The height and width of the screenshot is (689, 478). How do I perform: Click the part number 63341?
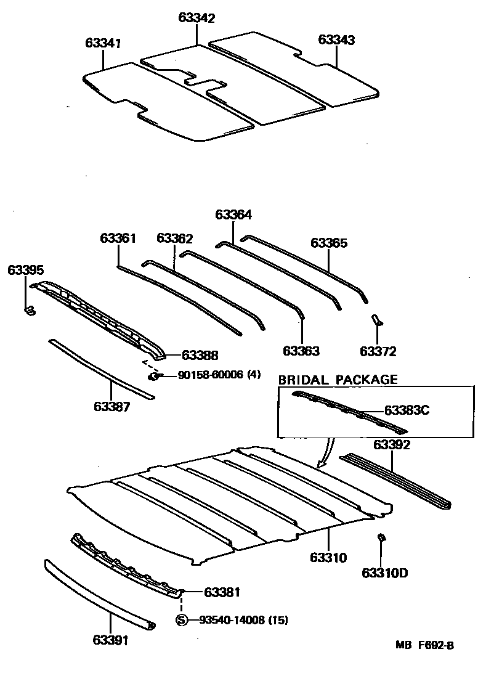103,44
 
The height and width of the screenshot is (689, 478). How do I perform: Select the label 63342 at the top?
197,18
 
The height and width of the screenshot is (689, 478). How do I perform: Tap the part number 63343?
336,39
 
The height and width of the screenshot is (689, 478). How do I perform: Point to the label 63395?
26,270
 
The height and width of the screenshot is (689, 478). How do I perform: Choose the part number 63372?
378,352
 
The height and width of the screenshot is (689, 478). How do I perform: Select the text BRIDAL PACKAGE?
338,380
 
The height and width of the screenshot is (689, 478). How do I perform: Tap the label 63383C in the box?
406,410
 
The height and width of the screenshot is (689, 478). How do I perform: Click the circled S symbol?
182,621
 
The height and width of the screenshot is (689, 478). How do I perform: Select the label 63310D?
385,574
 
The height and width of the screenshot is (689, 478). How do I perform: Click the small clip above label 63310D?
381,538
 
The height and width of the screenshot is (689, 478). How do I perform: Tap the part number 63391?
111,641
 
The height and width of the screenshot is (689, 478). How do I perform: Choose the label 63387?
111,407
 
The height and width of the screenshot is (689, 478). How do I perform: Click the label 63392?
392,444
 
